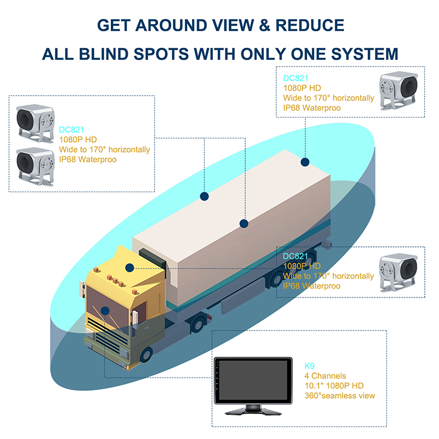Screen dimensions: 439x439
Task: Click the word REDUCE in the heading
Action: tap(310, 25)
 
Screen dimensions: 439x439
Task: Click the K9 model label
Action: tap(309, 365)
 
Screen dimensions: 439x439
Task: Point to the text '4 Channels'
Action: tap(325, 376)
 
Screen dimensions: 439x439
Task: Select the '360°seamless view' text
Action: tap(340, 396)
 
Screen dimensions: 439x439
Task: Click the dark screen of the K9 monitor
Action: tap(253, 380)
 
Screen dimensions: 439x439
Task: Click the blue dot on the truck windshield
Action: tap(105, 311)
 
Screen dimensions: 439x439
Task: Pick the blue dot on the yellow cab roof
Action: tap(130, 268)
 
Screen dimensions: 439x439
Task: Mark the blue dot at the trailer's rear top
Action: tap(305, 162)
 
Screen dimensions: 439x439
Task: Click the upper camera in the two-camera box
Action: tap(35, 123)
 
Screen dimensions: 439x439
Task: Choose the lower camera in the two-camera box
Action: tap(35, 167)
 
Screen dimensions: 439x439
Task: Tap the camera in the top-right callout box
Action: tap(398, 91)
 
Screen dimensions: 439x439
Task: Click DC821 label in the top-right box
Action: tap(296, 78)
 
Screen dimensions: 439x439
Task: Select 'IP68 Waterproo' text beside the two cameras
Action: tap(88, 159)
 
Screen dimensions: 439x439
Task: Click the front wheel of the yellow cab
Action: tap(146, 354)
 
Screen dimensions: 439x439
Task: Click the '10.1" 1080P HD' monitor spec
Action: tap(334, 386)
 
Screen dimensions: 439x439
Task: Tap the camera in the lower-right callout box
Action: tap(398, 273)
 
